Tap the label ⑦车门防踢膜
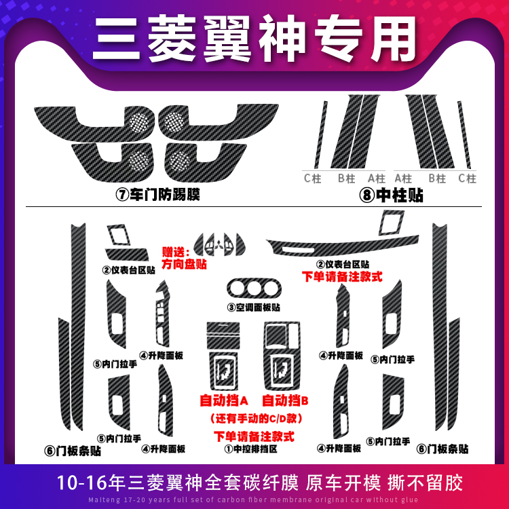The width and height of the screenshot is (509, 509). pyautogui.click(x=158, y=195)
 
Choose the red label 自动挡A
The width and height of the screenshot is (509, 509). pyautogui.click(x=223, y=400)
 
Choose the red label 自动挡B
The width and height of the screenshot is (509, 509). pyautogui.click(x=286, y=400)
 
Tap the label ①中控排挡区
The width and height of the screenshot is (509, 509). pyautogui.click(x=254, y=448)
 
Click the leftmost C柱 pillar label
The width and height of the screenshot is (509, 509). pyautogui.click(x=312, y=178)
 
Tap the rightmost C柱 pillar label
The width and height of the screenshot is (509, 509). pyautogui.click(x=467, y=178)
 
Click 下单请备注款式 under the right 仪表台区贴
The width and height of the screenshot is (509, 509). pyautogui.click(x=343, y=278)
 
